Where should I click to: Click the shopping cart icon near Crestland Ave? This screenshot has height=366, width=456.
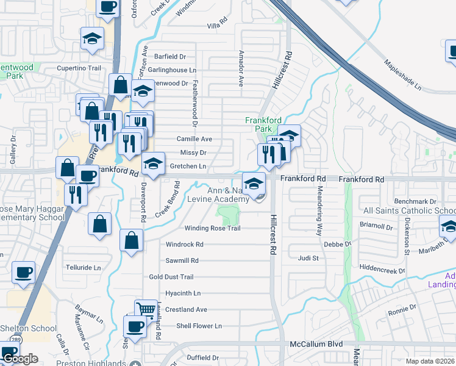click(x=146, y=309)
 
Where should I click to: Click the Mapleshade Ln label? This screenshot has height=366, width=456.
click(x=402, y=74)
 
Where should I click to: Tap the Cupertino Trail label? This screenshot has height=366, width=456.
click(x=78, y=68)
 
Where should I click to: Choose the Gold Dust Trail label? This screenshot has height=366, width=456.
click(x=171, y=277)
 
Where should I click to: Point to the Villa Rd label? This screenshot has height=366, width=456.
click(x=217, y=26)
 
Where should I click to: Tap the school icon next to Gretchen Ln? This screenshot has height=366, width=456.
click(x=154, y=163)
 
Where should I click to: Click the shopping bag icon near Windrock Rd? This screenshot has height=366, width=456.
click(x=132, y=240)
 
